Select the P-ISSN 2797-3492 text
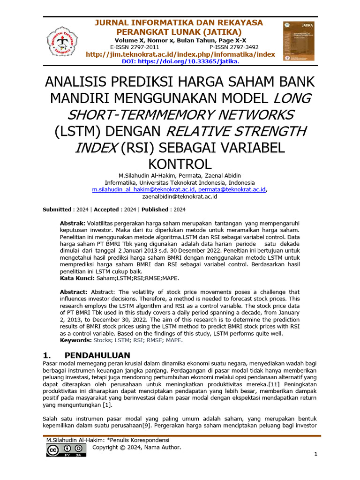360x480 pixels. pos(234,47)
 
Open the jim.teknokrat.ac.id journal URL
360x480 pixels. pos(180,54)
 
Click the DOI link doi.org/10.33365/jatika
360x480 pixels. pos(180,61)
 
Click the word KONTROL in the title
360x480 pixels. pos(180,164)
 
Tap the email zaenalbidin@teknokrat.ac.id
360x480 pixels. pos(180,197)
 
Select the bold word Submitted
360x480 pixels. pos(57,210)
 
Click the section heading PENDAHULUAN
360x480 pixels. pos(97,355)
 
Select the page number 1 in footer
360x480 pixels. pos(316,454)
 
